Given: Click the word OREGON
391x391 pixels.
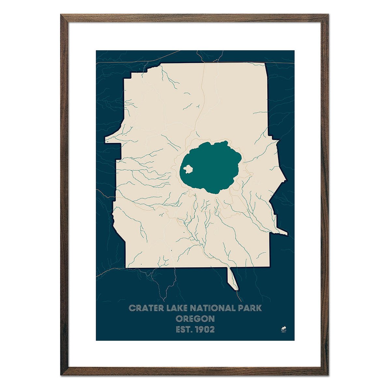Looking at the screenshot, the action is pyautogui.click(x=195, y=318).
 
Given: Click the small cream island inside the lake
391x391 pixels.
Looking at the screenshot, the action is pyautogui.click(x=188, y=169).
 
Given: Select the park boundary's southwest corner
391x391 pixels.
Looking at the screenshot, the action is pyautogui.click(x=127, y=267).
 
